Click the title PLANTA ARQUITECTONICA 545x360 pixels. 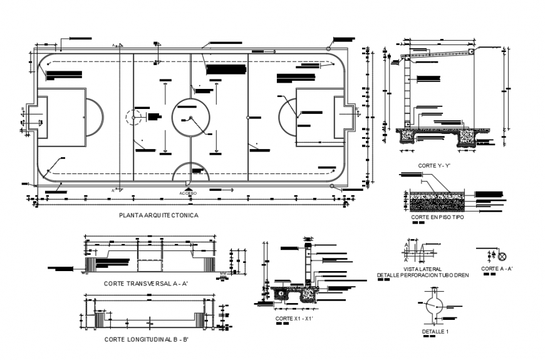click(158, 215)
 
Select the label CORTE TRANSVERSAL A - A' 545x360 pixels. click(146, 284)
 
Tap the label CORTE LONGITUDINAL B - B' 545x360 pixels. click(147, 339)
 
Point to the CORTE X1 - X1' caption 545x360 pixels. click(294, 319)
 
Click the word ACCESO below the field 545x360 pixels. click(189, 193)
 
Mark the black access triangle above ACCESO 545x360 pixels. click(189, 187)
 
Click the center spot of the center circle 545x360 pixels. click(190, 118)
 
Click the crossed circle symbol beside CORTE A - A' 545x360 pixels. click(501, 255)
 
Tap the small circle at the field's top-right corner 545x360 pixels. click(330, 48)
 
